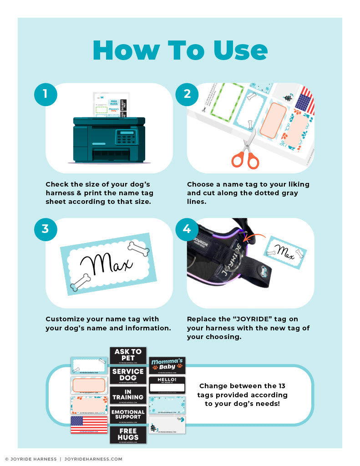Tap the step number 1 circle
(x=46, y=94)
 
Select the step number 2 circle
(x=187, y=94)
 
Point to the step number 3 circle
(x=46, y=229)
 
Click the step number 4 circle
(x=187, y=229)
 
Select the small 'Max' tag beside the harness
(x=285, y=252)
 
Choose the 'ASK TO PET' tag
(x=128, y=355)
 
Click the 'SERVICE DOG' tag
(x=128, y=375)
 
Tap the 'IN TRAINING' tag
(x=128, y=395)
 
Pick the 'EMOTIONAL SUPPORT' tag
(x=128, y=415)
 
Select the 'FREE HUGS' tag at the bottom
(x=128, y=435)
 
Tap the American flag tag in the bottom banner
(x=89, y=425)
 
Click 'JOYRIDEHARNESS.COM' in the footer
(x=93, y=459)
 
